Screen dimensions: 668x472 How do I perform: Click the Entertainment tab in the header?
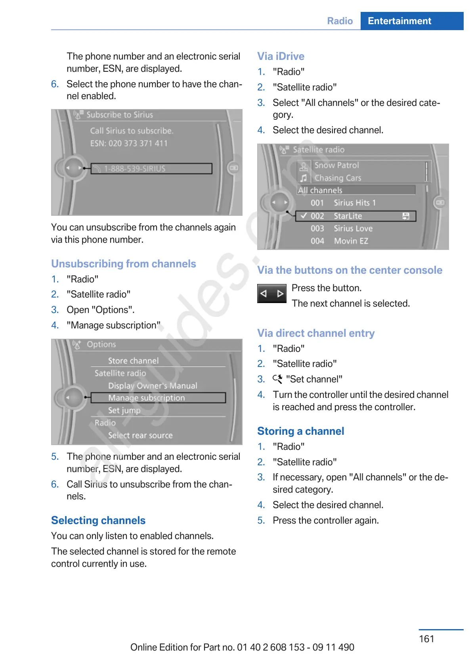[x=399, y=21]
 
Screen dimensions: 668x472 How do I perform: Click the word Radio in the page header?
[x=340, y=21]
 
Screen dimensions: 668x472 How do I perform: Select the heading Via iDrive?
[x=281, y=56]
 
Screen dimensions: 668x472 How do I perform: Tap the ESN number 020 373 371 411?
[x=138, y=143]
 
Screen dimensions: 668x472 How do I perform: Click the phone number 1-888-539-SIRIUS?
[x=135, y=169]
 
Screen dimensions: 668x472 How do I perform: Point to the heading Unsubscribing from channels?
[x=124, y=264]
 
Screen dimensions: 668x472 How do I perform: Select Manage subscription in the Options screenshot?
[x=147, y=398]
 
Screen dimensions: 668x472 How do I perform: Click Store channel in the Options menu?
[x=133, y=361]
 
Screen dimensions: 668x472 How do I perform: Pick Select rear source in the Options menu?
[x=140, y=435]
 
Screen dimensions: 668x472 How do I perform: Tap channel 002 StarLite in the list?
[x=348, y=216]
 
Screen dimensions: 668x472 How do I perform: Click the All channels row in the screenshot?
[x=320, y=190]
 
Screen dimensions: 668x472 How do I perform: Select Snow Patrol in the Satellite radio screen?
[x=336, y=165]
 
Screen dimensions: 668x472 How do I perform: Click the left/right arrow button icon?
[x=272, y=294]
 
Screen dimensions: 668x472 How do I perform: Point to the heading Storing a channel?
[x=300, y=431]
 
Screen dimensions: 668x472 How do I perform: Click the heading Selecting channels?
[x=98, y=520]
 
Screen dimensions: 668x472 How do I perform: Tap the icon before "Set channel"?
[x=277, y=379]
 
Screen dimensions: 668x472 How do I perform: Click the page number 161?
[x=426, y=639]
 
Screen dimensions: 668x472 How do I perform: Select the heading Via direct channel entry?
[x=316, y=333]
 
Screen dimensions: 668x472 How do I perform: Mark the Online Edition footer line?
[x=242, y=647]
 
